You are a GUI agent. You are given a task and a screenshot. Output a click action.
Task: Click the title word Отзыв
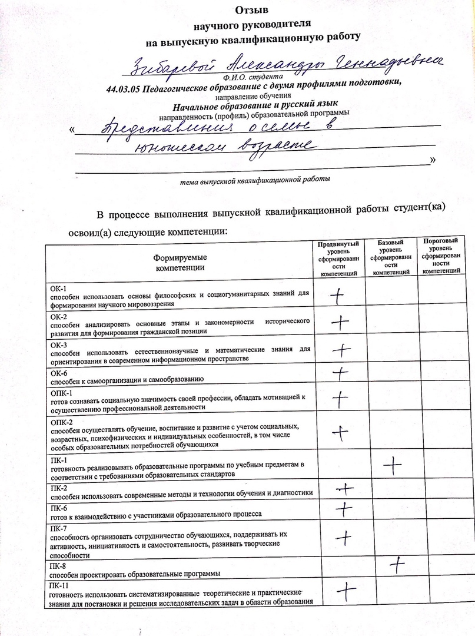click(x=251, y=11)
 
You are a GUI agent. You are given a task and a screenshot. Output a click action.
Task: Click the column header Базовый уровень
click(x=391, y=247)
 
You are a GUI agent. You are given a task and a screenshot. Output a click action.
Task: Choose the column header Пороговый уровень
click(x=441, y=246)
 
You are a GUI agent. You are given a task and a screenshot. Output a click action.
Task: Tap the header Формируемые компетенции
click(x=180, y=263)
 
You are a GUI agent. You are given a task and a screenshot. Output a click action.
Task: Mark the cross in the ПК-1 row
click(x=392, y=466)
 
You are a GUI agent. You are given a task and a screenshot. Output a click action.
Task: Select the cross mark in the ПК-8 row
click(x=398, y=565)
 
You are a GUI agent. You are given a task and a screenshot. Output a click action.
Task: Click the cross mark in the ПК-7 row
click(x=344, y=537)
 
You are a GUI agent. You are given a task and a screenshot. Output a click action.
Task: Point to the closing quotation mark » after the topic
click(x=433, y=160)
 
